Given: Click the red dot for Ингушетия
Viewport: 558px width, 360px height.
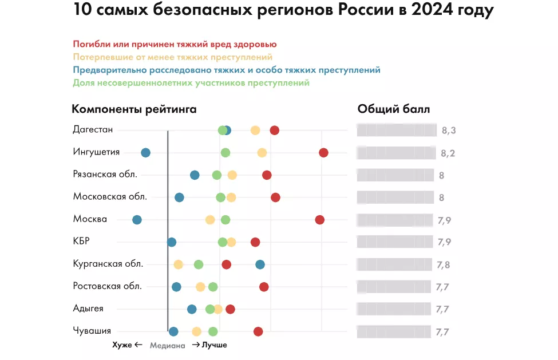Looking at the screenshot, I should [323, 152].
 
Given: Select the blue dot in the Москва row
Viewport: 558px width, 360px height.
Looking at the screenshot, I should [137, 220].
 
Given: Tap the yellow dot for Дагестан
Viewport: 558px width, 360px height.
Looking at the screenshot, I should [255, 130].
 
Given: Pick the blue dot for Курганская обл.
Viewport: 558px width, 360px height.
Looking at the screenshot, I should [260, 264].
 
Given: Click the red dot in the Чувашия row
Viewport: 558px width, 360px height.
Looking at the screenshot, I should [258, 331].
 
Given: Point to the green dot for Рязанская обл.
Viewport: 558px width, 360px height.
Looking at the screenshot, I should [217, 175].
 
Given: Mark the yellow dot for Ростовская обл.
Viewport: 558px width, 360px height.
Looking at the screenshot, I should [200, 287].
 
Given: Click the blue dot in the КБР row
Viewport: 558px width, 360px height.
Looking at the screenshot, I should [172, 242].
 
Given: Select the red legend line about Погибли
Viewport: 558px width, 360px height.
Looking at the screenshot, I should [175, 44].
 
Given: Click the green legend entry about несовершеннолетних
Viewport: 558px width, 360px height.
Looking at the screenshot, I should [191, 83].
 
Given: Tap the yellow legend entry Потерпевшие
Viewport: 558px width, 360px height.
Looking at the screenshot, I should [173, 57].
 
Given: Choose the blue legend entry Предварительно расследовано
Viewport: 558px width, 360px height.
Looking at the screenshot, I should [227, 70].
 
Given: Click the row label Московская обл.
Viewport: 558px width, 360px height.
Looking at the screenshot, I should [110, 196].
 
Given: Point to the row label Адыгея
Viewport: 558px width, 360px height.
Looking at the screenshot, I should [88, 308].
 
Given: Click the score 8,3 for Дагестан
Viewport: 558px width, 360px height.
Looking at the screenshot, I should [449, 130].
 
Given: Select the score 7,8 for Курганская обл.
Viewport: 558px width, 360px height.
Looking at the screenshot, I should [444, 264].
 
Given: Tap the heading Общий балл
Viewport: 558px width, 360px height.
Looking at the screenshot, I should [393, 109].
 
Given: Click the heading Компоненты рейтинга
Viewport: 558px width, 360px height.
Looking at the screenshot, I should [134, 109].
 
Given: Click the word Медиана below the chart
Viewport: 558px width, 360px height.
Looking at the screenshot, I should [167, 346].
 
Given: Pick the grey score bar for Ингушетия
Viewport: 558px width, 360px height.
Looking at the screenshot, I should [395, 153].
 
